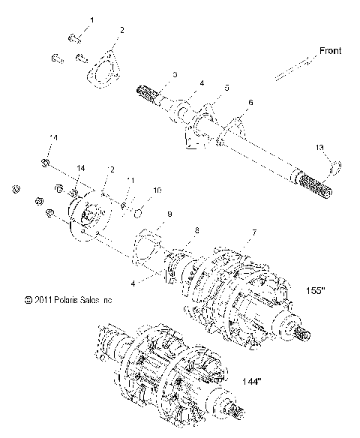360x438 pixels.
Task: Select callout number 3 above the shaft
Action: click(x=174, y=75)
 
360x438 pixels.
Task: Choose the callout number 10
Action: click(x=157, y=190)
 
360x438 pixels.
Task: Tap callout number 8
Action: click(x=197, y=230)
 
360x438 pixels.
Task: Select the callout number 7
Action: click(x=253, y=233)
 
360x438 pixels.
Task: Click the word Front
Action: click(x=330, y=51)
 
